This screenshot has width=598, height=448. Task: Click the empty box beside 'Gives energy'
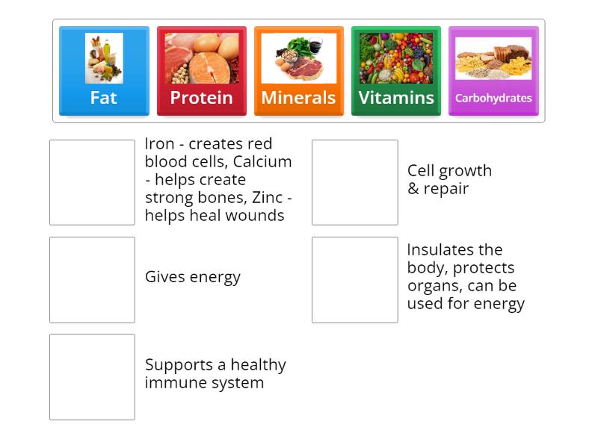click(x=92, y=279)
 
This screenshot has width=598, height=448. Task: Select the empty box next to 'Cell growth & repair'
click(x=354, y=182)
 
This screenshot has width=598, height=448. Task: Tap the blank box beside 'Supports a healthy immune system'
click(x=92, y=376)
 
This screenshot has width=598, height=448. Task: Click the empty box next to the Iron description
click(x=92, y=182)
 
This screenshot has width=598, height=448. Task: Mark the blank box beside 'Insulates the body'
click(x=354, y=279)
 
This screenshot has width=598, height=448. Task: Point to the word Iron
click(x=158, y=144)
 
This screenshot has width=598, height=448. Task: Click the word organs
click(x=431, y=286)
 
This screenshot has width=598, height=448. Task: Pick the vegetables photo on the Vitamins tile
click(x=396, y=58)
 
